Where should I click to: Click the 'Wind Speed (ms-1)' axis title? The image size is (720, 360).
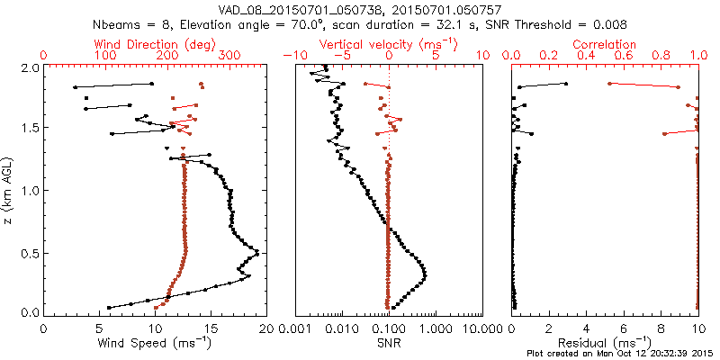pyautogui.click(x=155, y=343)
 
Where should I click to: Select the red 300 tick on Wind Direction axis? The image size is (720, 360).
pyautogui.click(x=229, y=56)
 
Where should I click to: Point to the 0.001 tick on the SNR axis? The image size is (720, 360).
pyautogui.click(x=295, y=328)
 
